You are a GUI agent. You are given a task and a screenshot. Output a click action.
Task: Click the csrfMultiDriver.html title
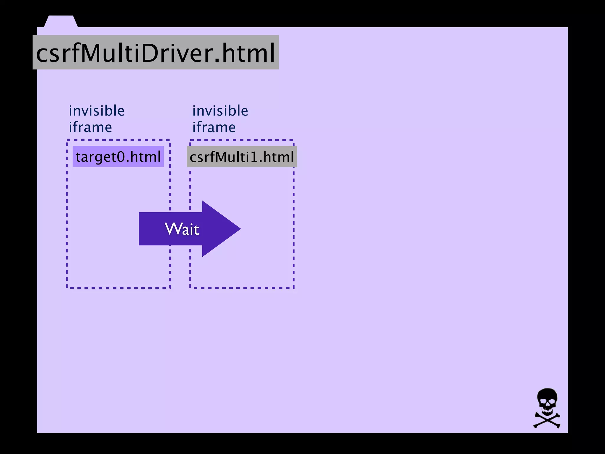(x=155, y=53)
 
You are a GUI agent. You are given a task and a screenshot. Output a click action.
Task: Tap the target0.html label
(x=118, y=156)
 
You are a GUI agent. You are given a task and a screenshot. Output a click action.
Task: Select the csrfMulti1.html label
(x=242, y=157)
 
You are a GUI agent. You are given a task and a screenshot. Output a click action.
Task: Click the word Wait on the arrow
(x=182, y=229)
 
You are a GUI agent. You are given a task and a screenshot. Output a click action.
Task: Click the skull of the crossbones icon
(x=547, y=400)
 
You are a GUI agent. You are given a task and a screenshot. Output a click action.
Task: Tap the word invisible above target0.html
(x=97, y=111)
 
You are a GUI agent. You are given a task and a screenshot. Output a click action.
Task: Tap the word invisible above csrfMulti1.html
(x=220, y=111)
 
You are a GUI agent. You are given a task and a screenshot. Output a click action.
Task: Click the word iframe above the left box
(x=90, y=127)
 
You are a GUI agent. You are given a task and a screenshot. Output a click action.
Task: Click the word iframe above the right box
(x=214, y=127)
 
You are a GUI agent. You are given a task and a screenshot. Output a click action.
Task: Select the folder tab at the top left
(x=61, y=21)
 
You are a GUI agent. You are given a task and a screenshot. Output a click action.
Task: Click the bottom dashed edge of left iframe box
(x=118, y=287)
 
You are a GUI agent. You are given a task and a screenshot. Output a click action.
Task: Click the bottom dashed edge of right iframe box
(x=242, y=287)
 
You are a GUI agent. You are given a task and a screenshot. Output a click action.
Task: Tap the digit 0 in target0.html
(x=121, y=157)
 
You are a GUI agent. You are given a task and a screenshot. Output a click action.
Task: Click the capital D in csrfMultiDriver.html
(x=149, y=53)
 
